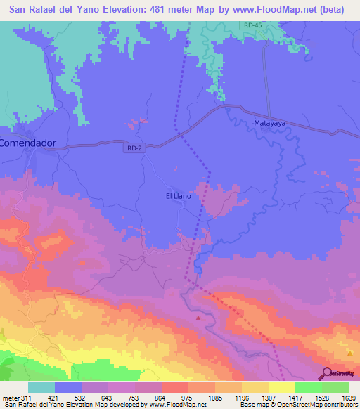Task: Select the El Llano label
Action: tap(178, 196)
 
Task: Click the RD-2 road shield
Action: tap(136, 148)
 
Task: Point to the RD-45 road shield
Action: tap(253, 25)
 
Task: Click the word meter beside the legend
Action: tap(11, 397)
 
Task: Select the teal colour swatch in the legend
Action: tap(41, 387)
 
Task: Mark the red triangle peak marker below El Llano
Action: tap(198, 318)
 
